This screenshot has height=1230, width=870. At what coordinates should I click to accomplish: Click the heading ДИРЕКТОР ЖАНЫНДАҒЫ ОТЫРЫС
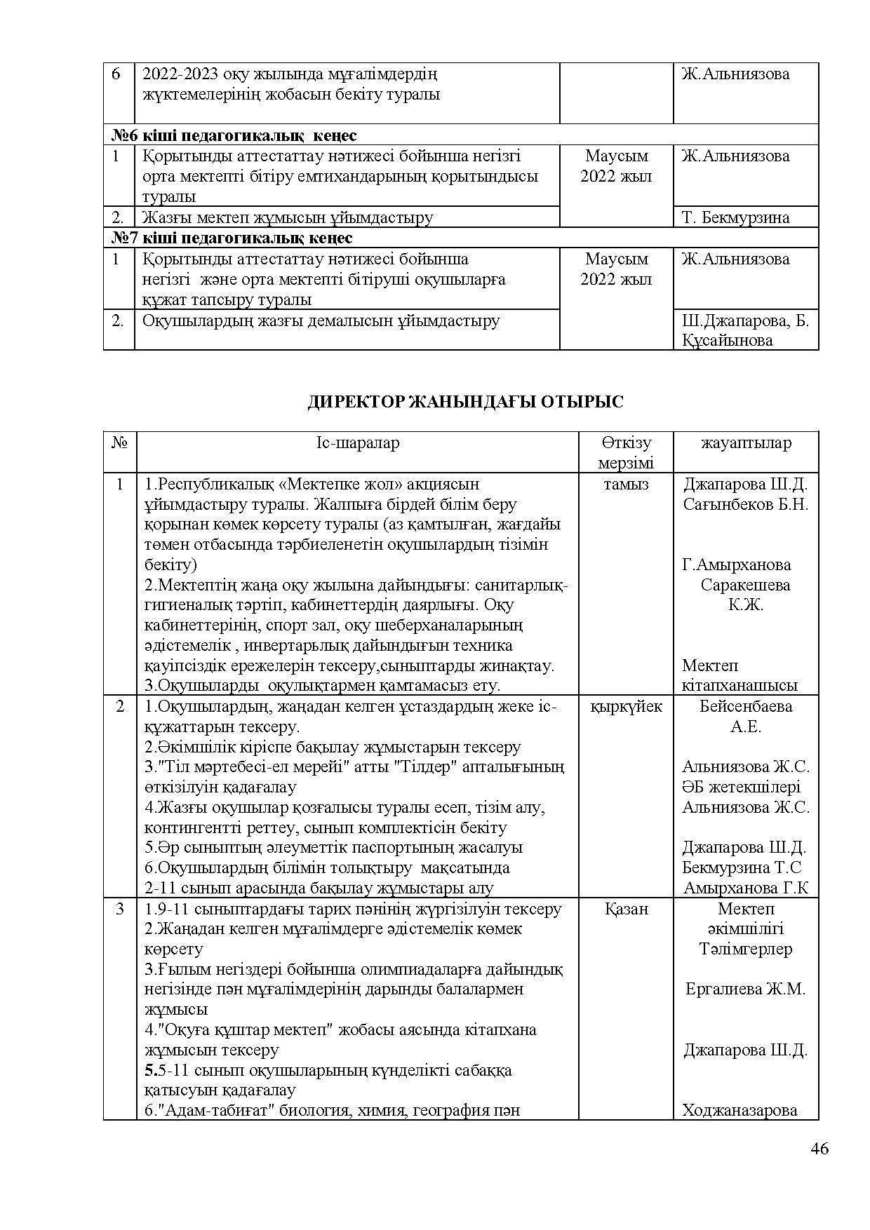tap(465, 402)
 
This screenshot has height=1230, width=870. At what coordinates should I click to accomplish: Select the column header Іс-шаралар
tap(357, 443)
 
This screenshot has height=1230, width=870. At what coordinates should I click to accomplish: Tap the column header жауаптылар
tap(746, 443)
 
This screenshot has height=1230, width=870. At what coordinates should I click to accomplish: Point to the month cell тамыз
tap(626, 485)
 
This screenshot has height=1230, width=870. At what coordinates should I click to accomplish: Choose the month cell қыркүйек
tap(626, 706)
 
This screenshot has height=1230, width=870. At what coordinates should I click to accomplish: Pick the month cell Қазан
tap(626, 909)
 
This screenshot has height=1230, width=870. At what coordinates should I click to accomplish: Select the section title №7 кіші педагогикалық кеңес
tap(232, 238)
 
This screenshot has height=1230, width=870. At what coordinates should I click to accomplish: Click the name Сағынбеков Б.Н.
tap(746, 504)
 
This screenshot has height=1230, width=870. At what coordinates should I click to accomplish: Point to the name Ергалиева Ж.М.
tap(746, 989)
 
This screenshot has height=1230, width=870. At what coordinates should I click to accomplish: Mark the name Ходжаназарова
tap(739, 1110)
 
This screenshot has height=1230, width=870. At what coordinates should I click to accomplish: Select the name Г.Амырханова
tap(736, 565)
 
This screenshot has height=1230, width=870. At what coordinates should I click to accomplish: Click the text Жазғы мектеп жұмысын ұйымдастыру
tap(288, 217)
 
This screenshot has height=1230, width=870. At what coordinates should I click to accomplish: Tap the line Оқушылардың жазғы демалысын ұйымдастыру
tap(321, 321)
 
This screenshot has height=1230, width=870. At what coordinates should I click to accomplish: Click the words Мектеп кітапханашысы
tap(739, 675)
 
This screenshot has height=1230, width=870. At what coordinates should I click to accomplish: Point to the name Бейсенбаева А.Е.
tap(746, 716)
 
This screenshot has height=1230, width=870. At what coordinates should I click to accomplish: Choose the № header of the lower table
tap(120, 443)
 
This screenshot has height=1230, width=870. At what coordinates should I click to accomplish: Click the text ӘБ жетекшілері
tap(741, 788)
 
